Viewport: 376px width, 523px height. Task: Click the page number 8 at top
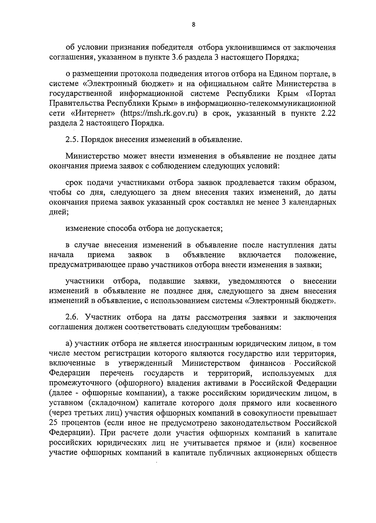[193, 25]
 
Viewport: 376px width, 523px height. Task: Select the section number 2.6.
[72, 317]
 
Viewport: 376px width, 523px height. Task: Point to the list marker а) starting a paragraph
[69, 344]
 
